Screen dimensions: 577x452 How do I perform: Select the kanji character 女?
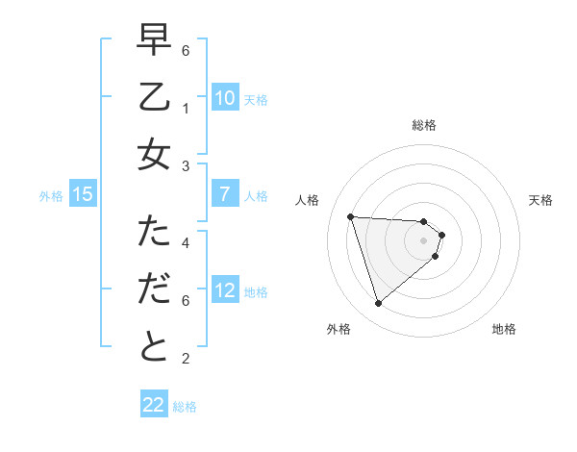(x=154, y=154)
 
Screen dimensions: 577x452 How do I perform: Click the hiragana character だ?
(x=154, y=289)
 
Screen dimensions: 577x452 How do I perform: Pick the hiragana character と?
(x=154, y=347)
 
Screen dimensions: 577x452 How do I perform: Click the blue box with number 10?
(x=224, y=97)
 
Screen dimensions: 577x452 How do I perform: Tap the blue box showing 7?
(x=224, y=194)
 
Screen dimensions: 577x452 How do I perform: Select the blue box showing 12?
(x=224, y=290)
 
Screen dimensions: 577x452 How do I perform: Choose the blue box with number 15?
(x=83, y=194)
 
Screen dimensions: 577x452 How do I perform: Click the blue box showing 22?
(x=154, y=405)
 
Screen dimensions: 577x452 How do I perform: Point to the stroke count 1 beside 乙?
(x=186, y=109)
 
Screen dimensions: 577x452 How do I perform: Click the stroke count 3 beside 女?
(x=186, y=166)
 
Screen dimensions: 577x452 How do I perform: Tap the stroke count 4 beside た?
(x=186, y=243)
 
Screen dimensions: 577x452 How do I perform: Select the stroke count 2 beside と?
(x=186, y=359)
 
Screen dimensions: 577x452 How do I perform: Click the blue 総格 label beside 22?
(x=185, y=407)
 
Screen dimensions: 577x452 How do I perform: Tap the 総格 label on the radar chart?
(x=424, y=125)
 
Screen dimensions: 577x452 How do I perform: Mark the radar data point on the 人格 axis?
(x=351, y=216)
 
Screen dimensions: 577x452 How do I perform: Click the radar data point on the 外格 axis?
(x=378, y=304)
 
